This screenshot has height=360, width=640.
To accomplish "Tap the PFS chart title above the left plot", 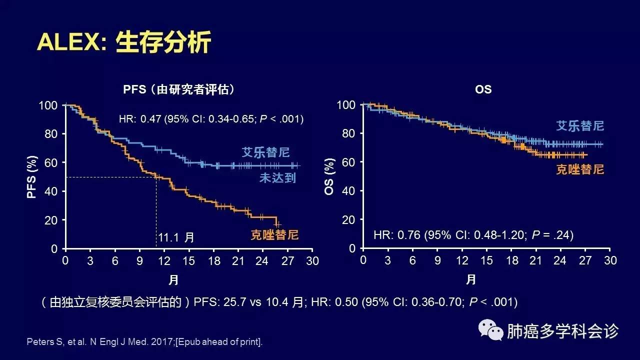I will point(179,89).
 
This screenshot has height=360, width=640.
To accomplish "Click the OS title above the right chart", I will point(483,89).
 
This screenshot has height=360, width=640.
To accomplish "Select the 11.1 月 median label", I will point(176,237).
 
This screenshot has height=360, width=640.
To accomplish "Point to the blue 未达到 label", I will point(277,177).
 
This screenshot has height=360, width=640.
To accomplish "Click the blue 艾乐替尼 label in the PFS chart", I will point(265,152).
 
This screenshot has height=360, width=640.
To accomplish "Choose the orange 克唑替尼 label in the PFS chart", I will point(274,234).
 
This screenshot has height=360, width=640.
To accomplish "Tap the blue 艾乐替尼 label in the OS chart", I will point(580,125).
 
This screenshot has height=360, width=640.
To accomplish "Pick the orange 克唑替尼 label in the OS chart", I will point(580,169).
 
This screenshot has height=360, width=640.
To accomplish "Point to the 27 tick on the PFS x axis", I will point(287,260).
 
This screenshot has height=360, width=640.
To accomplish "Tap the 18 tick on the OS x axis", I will point(511,260).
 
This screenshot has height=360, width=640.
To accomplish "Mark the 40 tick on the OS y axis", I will point(349,191).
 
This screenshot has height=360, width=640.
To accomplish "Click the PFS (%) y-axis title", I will point(32,177).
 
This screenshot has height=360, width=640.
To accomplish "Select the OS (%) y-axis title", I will point(329,177).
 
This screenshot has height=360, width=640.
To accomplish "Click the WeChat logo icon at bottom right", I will point(490,330).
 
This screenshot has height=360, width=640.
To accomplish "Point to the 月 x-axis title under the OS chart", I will point(471,279).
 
